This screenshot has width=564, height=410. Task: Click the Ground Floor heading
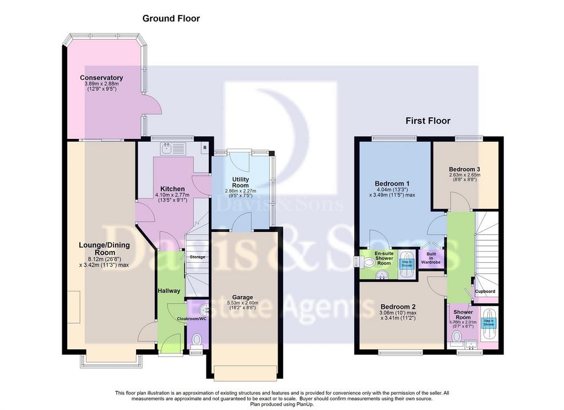171,18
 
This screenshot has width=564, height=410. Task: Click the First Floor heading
427,121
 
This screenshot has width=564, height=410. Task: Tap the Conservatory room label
101,78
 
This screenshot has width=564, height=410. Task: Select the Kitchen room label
172,189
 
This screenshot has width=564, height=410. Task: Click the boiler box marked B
205,148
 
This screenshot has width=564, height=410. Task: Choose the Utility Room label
241,182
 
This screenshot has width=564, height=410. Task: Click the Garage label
242,298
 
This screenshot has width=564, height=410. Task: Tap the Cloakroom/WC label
192,319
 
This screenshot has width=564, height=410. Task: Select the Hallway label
169,291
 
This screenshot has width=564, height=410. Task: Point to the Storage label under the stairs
198,257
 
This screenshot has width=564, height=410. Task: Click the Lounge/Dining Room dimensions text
104,262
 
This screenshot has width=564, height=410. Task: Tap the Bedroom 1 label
392,184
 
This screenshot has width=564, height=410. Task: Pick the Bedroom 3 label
464,169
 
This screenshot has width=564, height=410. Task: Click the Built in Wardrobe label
431,258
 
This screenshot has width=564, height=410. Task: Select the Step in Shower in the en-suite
407,264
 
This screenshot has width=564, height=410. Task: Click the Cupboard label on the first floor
485,292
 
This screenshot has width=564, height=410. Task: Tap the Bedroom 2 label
398,307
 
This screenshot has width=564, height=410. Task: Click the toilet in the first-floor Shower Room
457,337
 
